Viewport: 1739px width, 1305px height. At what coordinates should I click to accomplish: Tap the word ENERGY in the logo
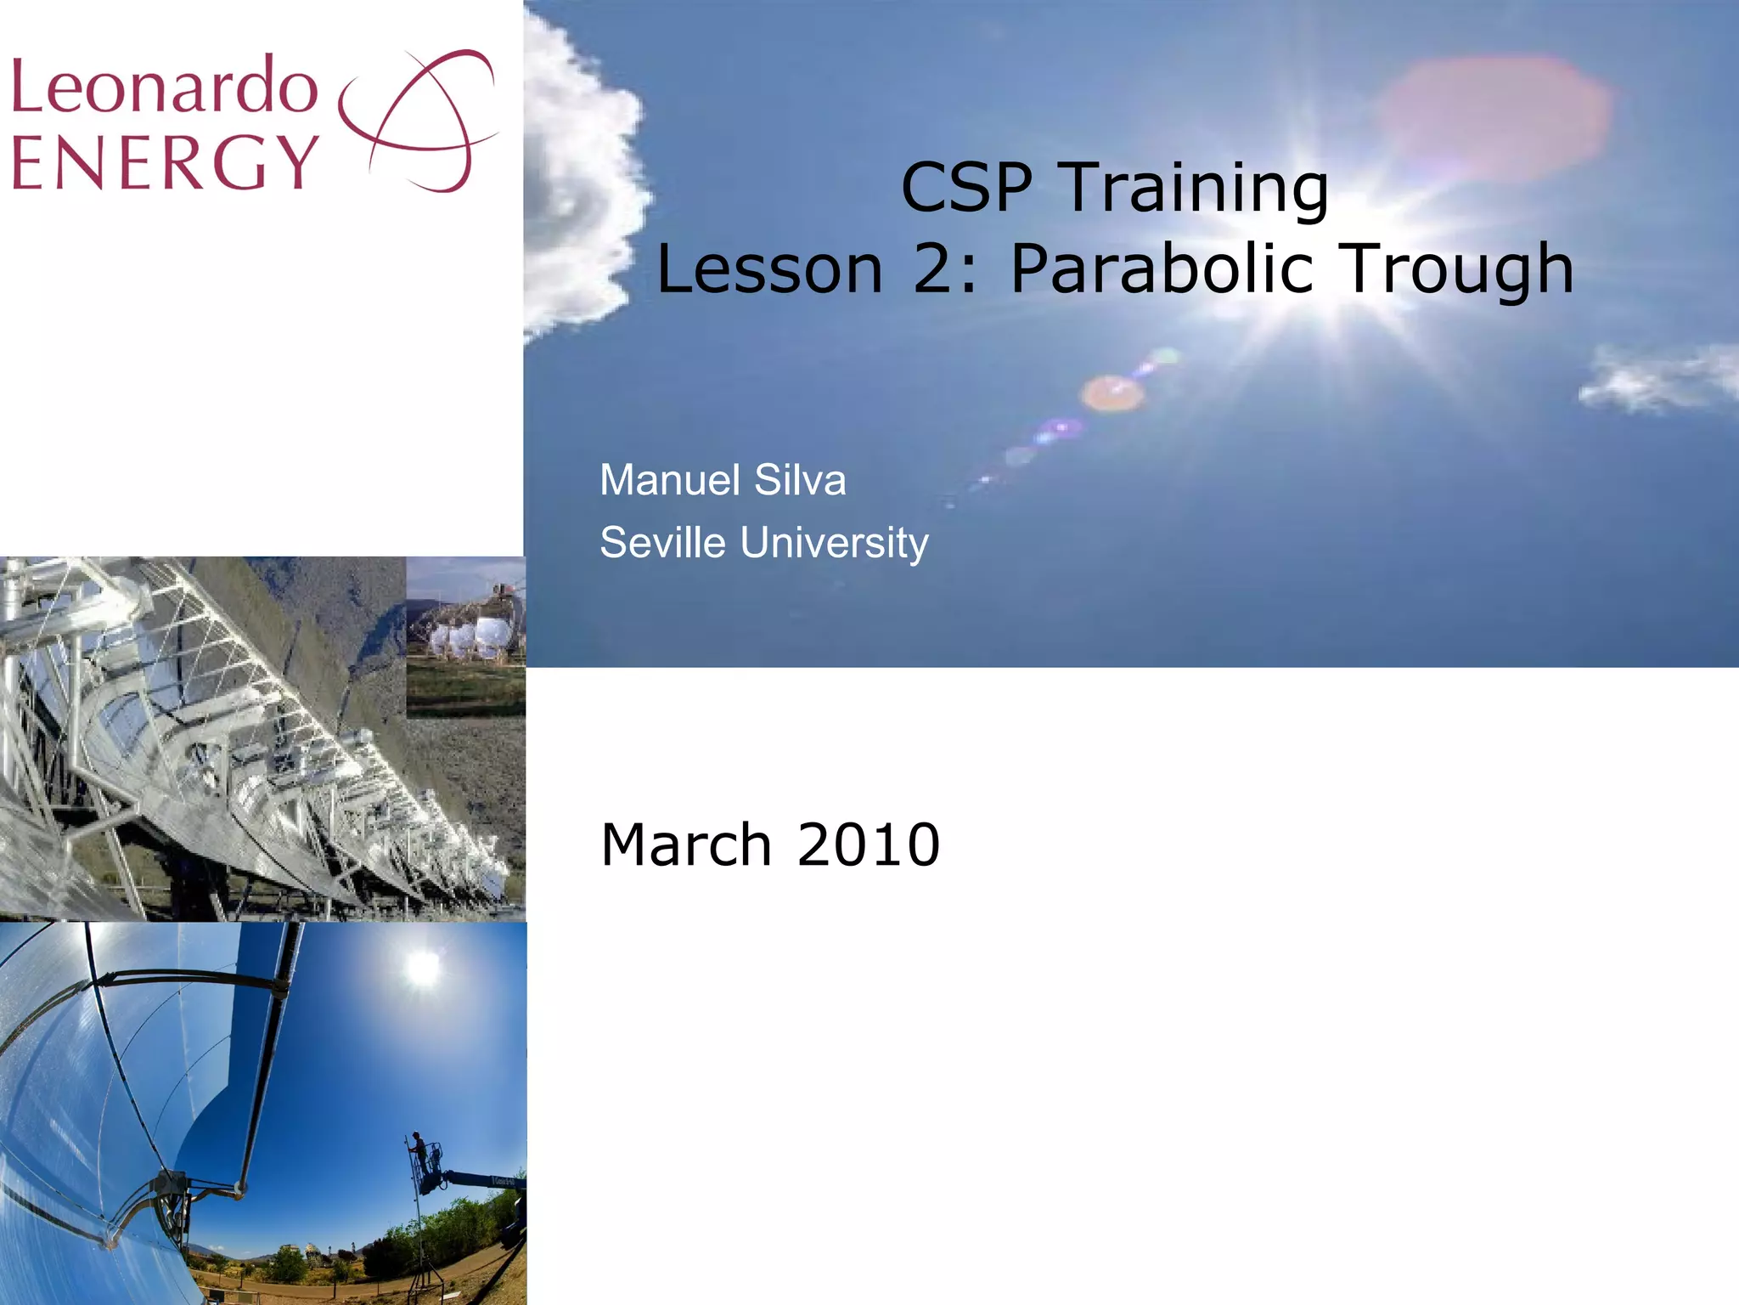point(165,161)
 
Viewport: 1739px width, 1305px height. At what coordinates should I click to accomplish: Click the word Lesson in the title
point(769,268)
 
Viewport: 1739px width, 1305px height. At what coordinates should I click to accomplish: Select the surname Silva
point(800,480)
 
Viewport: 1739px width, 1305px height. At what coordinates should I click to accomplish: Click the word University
point(834,542)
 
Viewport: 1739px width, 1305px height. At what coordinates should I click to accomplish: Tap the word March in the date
point(685,845)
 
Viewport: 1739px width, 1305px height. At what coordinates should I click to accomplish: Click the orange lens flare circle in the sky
point(1111,393)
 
